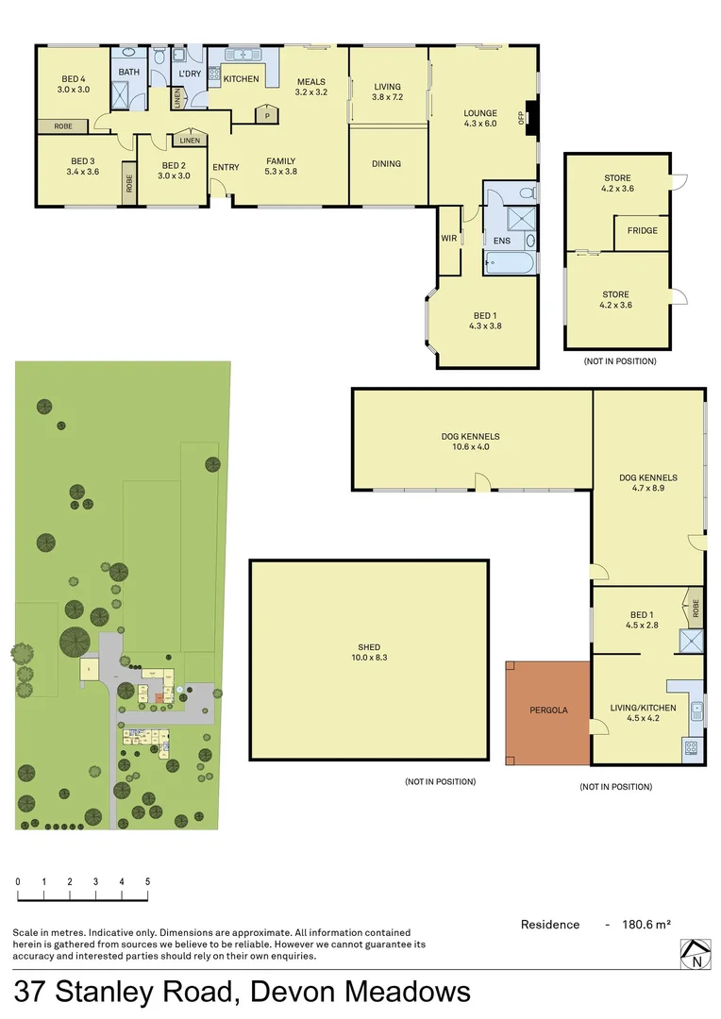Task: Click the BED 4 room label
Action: tap(75, 78)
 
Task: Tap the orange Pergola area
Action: tap(548, 710)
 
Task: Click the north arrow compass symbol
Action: tap(695, 954)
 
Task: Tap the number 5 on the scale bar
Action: tap(147, 881)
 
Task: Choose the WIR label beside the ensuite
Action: tap(449, 239)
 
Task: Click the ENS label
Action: tap(501, 242)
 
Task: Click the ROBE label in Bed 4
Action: tap(63, 126)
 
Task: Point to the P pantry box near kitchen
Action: tap(267, 116)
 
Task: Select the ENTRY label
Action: tap(226, 168)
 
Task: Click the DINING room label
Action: tap(386, 164)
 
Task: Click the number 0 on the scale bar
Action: tap(17, 881)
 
